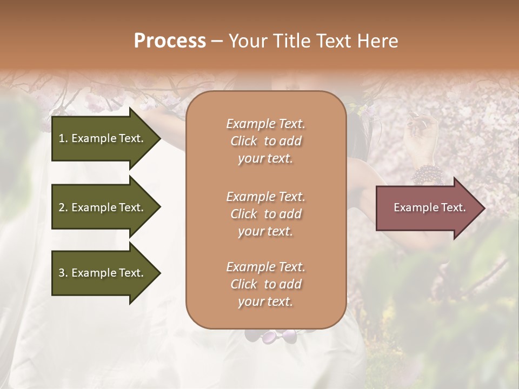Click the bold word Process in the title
170,41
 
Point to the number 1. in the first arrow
63,138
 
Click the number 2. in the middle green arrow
63,207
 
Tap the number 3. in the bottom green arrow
63,273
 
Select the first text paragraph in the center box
265,141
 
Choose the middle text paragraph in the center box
265,213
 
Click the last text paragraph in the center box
265,284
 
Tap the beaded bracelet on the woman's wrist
426,175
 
